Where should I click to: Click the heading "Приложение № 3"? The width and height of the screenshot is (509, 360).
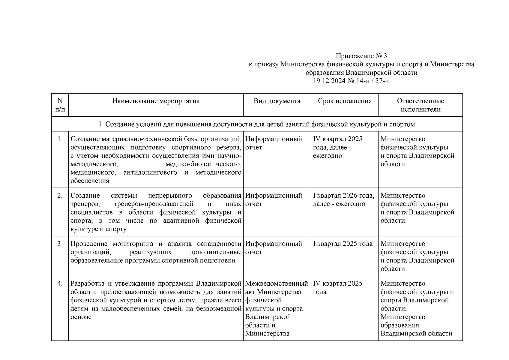[361, 56]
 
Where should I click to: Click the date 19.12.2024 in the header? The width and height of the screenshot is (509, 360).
[329, 81]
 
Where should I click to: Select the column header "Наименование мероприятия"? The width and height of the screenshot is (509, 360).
[156, 101]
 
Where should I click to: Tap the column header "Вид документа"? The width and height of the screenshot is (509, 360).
[277, 101]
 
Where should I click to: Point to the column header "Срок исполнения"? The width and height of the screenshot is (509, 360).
[345, 101]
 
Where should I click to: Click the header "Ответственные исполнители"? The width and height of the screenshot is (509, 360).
[420, 105]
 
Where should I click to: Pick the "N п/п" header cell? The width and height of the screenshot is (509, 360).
[60, 105]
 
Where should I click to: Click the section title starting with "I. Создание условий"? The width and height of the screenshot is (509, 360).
[257, 124]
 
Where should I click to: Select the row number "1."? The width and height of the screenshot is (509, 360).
[60, 139]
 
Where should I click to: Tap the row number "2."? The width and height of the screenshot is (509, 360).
[60, 196]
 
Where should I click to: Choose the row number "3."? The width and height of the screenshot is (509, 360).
[60, 244]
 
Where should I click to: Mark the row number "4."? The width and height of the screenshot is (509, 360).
[60, 283]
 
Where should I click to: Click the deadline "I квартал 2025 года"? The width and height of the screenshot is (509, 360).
[343, 244]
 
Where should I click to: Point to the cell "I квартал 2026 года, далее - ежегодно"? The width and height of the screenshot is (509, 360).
[343, 200]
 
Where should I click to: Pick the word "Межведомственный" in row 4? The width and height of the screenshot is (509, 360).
[277, 283]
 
